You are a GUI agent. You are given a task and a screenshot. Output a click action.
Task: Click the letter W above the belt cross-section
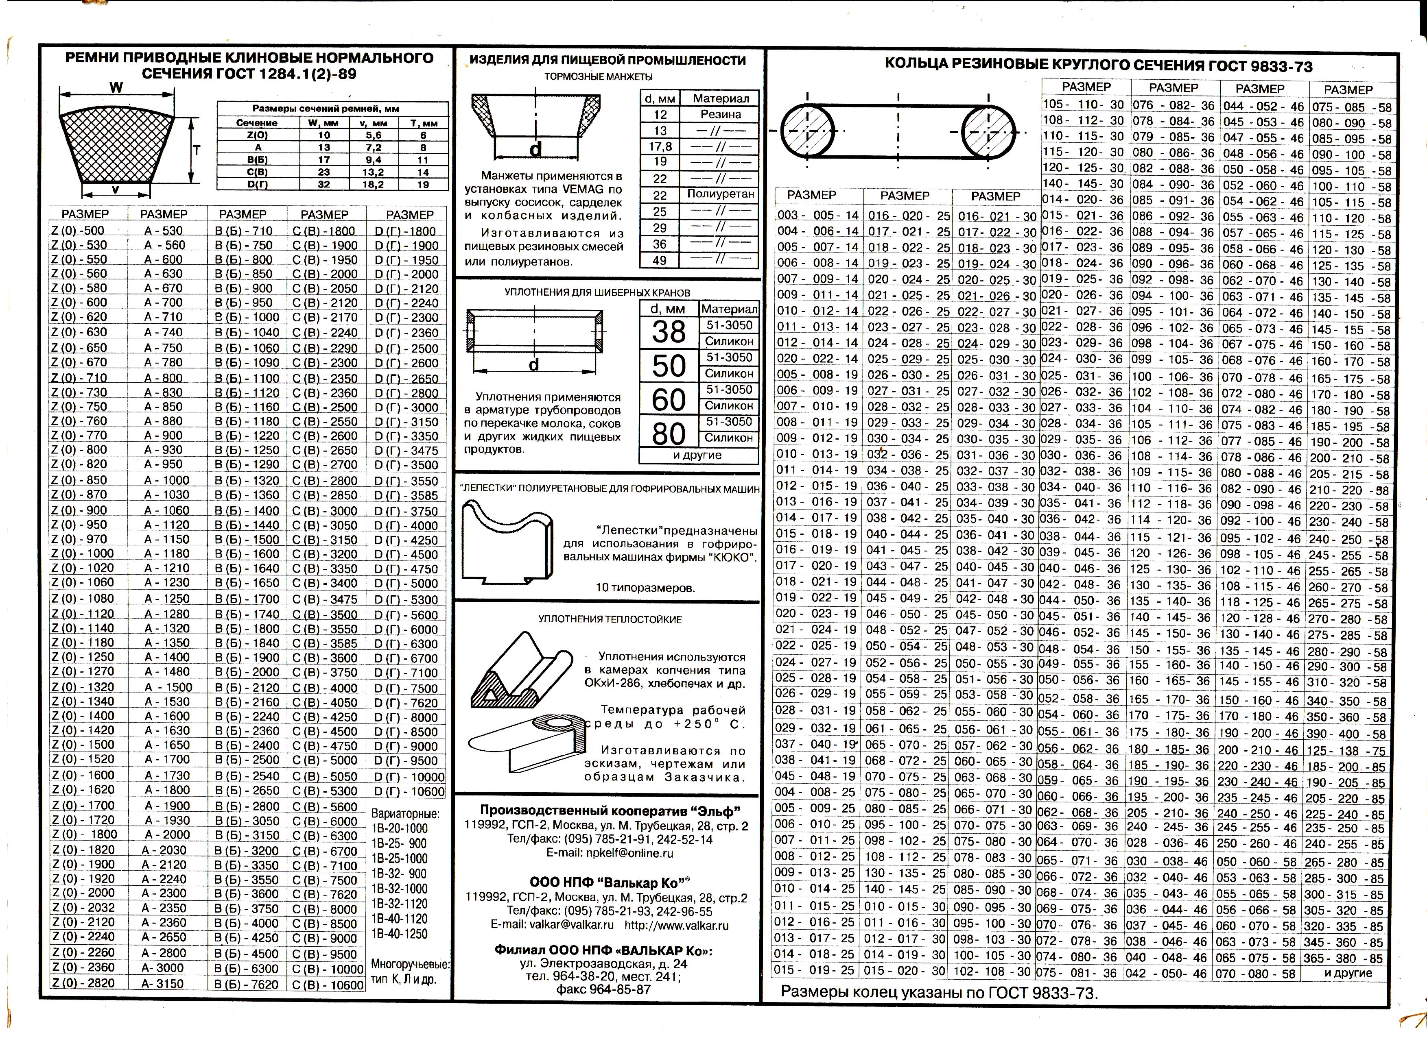click(116, 87)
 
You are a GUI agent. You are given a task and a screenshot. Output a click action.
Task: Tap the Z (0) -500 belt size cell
click(78, 230)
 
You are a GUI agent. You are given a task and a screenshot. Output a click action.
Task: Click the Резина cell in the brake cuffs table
click(721, 114)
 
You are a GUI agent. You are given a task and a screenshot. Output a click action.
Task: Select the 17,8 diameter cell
click(660, 146)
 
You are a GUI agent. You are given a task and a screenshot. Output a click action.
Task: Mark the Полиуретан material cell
click(721, 194)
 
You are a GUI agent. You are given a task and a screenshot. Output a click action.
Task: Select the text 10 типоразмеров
click(645, 588)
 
